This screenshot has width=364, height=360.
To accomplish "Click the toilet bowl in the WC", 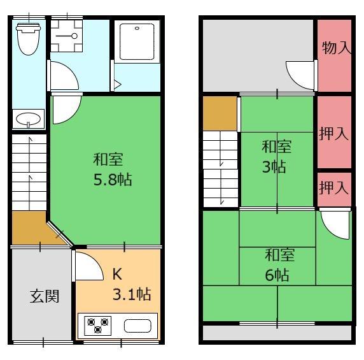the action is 29,39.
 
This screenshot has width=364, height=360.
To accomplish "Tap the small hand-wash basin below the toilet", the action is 28,119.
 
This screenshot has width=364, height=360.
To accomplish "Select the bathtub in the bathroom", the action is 137,42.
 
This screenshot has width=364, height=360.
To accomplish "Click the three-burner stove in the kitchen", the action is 98,326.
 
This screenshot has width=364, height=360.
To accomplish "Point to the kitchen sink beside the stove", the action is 137,326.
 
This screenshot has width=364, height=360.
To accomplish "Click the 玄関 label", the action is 45,296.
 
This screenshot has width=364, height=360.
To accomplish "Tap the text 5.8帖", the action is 113,180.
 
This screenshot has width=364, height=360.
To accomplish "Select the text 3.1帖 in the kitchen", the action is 132,294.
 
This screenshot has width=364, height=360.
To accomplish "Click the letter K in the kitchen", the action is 117,274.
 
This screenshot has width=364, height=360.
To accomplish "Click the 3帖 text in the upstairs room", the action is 274,166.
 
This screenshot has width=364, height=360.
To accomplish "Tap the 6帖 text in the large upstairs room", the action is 277,275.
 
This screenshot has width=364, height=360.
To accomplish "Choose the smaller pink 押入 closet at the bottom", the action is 334,189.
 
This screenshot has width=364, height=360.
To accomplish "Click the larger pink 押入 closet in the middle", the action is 334,132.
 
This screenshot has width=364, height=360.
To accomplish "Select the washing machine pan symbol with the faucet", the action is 67,36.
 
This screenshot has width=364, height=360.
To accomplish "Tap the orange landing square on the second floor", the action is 220,113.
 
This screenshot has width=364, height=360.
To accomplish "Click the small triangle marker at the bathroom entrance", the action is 118,85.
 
